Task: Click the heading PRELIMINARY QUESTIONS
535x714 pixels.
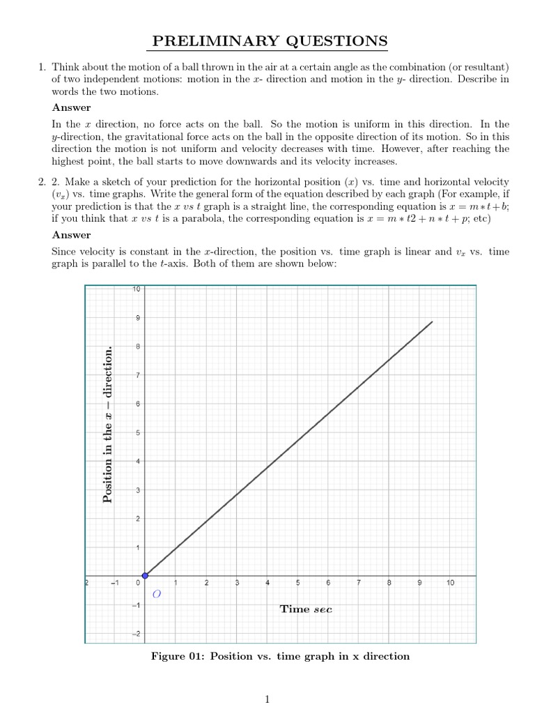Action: (x=270, y=42)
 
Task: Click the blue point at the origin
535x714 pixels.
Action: (x=145, y=575)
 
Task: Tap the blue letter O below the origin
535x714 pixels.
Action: (x=156, y=595)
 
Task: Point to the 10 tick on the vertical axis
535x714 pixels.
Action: (x=137, y=289)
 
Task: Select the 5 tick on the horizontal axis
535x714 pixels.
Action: (x=297, y=583)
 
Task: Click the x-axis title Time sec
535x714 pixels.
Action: (x=306, y=609)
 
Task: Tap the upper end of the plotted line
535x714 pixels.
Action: (x=433, y=321)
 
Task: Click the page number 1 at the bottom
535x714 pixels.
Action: (x=267, y=700)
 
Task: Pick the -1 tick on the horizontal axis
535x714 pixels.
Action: (x=115, y=583)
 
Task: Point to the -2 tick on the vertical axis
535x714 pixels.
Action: (x=136, y=633)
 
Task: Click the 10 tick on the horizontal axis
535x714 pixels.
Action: (x=450, y=583)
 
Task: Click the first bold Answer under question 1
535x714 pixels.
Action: (x=71, y=107)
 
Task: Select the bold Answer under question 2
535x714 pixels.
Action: (x=71, y=235)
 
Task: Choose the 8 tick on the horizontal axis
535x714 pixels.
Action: (x=389, y=583)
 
